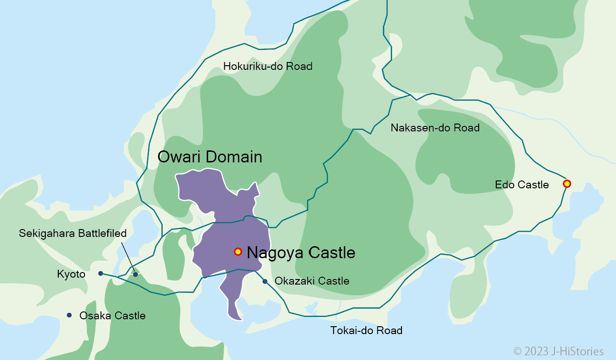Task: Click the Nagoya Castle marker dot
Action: click(x=238, y=252)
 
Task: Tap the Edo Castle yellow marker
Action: click(x=567, y=184)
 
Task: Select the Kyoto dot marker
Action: click(x=100, y=273)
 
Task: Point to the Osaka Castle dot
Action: click(x=69, y=315)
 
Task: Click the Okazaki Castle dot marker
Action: click(x=265, y=281)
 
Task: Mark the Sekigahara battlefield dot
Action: click(x=136, y=274)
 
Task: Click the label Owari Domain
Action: click(x=209, y=157)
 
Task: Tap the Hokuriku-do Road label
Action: click(x=268, y=67)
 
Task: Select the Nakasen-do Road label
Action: click(x=435, y=128)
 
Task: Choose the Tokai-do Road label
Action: click(x=366, y=330)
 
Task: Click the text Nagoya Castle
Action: click(x=301, y=253)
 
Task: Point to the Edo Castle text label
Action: click(x=522, y=185)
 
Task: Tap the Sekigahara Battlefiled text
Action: click(x=73, y=234)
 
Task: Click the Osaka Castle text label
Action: click(x=112, y=316)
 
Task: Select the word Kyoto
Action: click(x=71, y=275)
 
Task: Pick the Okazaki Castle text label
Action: click(x=312, y=281)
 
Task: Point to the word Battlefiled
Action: click(x=97, y=234)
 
